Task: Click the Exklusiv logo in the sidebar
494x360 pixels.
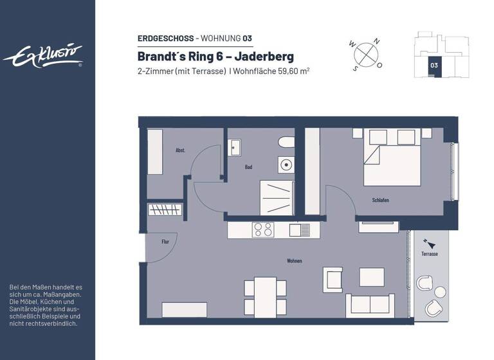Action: (x=43, y=55)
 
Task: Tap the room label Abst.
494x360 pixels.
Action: (x=180, y=150)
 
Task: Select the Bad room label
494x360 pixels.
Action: (x=248, y=167)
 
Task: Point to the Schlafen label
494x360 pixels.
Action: (x=380, y=200)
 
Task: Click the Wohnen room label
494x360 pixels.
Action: (x=295, y=260)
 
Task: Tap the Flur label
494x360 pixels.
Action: (x=165, y=242)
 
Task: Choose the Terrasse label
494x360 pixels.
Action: (x=430, y=254)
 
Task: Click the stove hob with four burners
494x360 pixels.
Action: (x=262, y=230)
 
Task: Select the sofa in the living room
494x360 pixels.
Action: (x=370, y=305)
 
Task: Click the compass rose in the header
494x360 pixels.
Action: (x=367, y=53)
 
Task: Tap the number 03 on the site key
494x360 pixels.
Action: (x=434, y=65)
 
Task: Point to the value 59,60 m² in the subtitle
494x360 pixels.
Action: (x=289, y=71)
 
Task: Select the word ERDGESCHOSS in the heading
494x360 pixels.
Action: (x=165, y=39)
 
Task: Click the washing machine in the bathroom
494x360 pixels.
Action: (x=286, y=165)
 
